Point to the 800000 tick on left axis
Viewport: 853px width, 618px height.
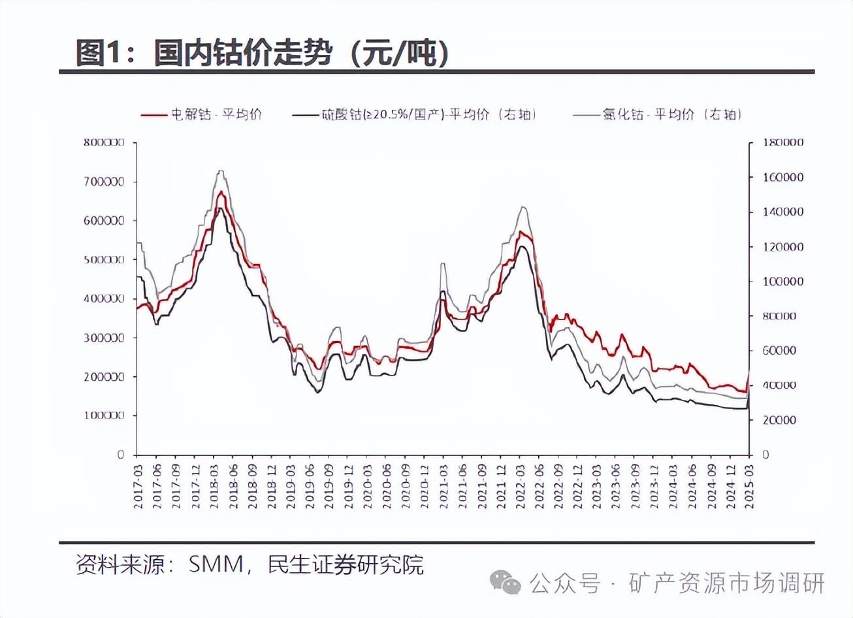tap(104, 142)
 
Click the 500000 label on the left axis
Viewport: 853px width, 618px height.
tap(104, 259)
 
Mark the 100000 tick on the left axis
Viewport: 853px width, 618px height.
tap(104, 415)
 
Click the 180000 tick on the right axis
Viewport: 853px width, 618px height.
tap(783, 142)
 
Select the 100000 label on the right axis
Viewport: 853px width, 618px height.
tap(783, 282)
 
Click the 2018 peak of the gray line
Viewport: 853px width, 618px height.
tap(221, 171)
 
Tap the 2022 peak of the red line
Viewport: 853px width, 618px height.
tap(521, 231)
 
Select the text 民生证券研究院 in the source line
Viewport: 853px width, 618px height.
tap(346, 564)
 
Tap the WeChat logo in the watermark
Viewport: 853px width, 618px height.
tap(506, 582)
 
